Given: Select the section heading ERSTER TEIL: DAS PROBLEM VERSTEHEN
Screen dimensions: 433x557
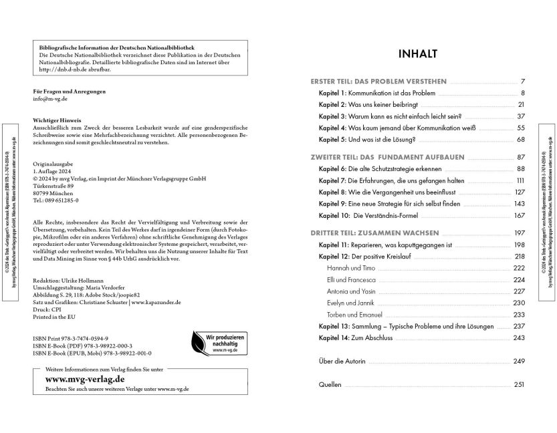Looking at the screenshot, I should click(x=378, y=81).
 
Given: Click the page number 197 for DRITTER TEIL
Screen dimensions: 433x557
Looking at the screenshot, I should click(x=519, y=233).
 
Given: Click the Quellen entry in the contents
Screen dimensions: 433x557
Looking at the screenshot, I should click(x=330, y=385).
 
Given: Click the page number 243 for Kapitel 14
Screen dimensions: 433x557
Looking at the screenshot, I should click(x=519, y=338).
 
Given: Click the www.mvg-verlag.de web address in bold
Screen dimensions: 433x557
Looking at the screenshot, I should click(x=79, y=378).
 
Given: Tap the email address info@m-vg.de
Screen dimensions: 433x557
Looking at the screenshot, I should click(x=50, y=98).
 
